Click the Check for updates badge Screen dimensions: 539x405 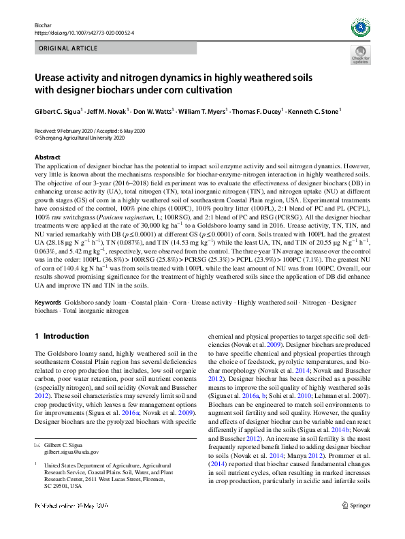pos(360,55)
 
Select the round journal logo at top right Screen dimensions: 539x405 pos(360,27)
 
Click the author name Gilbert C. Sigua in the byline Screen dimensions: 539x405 pos(59,110)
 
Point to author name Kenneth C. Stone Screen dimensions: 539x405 pos(314,110)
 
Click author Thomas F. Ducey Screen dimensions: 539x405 pos(259,110)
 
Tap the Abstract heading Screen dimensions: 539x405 pos(48,157)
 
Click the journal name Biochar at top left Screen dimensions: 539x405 pos(43,25)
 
